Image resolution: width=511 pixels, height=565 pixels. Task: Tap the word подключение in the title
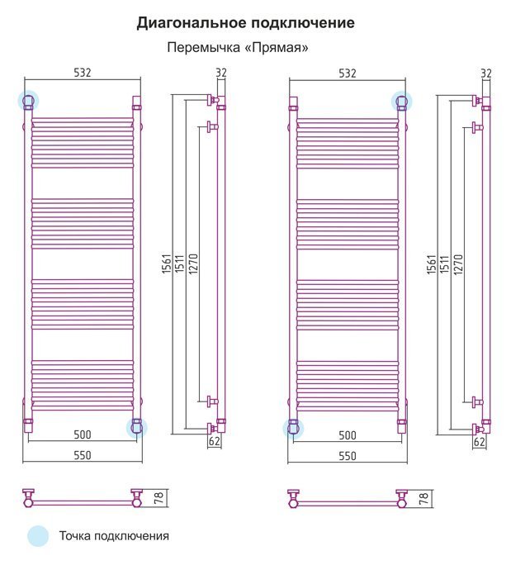(x=303, y=23)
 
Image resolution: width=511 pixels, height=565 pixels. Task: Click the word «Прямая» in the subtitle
(x=277, y=48)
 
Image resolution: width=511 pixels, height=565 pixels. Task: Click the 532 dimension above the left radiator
(x=83, y=73)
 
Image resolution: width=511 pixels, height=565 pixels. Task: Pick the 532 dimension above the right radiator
(x=348, y=74)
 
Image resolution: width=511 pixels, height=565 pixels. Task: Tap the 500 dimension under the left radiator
(x=83, y=434)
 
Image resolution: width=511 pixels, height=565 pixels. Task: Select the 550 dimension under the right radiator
(x=348, y=456)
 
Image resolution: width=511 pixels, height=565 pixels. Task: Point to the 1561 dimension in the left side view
(x=167, y=264)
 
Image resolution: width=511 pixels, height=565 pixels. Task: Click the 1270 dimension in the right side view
(x=458, y=265)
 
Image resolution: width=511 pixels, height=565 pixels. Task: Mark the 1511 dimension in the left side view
(x=179, y=264)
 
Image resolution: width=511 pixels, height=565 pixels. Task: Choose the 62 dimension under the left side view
(x=215, y=441)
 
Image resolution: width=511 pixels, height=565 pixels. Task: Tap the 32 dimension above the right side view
(x=486, y=74)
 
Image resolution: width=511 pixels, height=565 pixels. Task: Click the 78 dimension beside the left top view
(x=159, y=497)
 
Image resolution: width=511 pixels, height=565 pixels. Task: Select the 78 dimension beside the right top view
(x=423, y=497)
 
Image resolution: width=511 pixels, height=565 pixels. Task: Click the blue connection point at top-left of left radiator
(x=28, y=101)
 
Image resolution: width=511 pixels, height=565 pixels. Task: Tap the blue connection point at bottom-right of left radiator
(x=137, y=428)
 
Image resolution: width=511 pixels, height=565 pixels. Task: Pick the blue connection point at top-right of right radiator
(x=402, y=102)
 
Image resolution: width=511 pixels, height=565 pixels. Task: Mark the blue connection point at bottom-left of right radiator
(x=293, y=429)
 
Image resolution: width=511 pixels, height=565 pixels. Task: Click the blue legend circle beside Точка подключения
(x=38, y=536)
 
